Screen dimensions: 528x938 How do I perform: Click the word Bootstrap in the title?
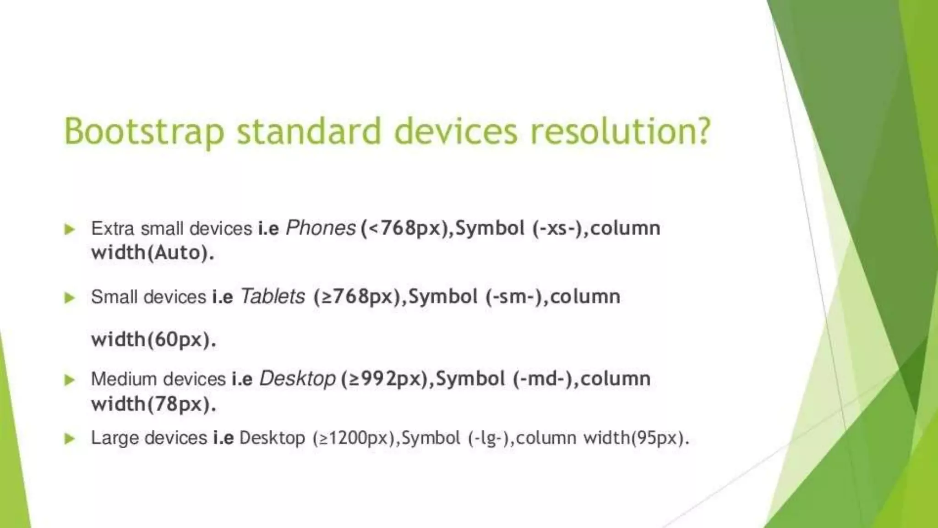pyautogui.click(x=144, y=132)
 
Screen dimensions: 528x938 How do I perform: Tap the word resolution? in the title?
pyautogui.click(x=620, y=132)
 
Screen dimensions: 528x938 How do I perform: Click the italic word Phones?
pyautogui.click(x=321, y=228)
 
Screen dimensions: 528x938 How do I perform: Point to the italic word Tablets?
pyautogui.click(x=273, y=297)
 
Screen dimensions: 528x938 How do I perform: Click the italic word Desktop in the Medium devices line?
pyautogui.click(x=297, y=379)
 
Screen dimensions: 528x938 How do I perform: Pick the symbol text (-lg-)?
pyautogui.click(x=489, y=438)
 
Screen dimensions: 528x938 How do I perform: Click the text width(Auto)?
pyautogui.click(x=153, y=253)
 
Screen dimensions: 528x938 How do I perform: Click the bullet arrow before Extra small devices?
pyautogui.click(x=70, y=229)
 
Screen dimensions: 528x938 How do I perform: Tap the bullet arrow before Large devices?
pyautogui.click(x=70, y=439)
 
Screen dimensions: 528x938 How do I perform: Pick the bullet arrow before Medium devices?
pyautogui.click(x=70, y=379)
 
